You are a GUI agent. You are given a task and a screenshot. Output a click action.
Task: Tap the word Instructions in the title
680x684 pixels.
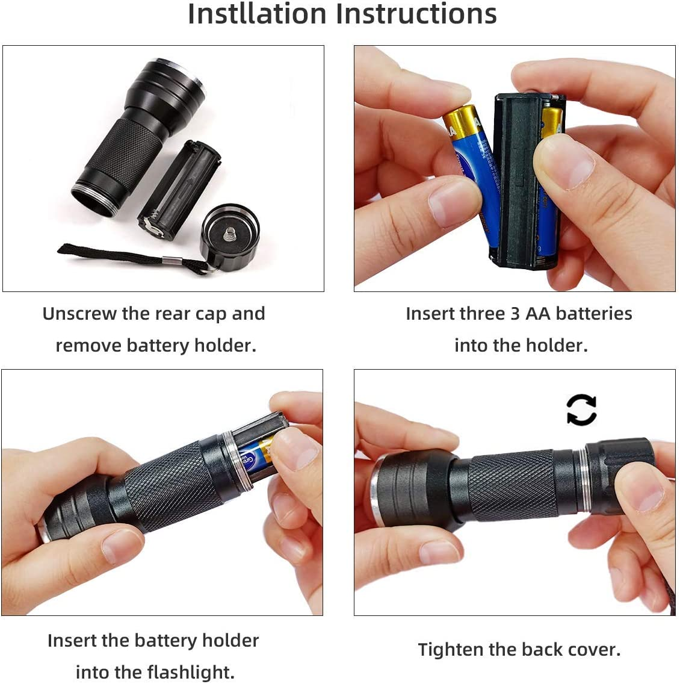click(x=416, y=13)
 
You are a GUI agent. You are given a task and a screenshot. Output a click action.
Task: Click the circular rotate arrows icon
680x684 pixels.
click(x=581, y=410)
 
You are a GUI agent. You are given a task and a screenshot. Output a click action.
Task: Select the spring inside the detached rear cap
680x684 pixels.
click(x=229, y=232)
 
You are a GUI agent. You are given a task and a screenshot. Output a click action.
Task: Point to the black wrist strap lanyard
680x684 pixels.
click(x=114, y=254)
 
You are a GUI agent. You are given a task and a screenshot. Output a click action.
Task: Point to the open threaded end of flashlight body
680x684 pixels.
click(x=95, y=198)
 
